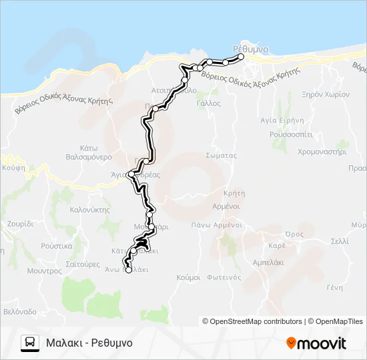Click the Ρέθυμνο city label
coord(252,49)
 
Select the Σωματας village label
coord(222,155)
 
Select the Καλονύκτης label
coord(89,209)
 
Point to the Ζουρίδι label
coord(20,224)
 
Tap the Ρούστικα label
coord(56,245)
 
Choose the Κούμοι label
coord(189,277)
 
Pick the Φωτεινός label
coord(224,277)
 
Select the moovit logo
coord(316,343)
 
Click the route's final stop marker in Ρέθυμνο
coord(242,57)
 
